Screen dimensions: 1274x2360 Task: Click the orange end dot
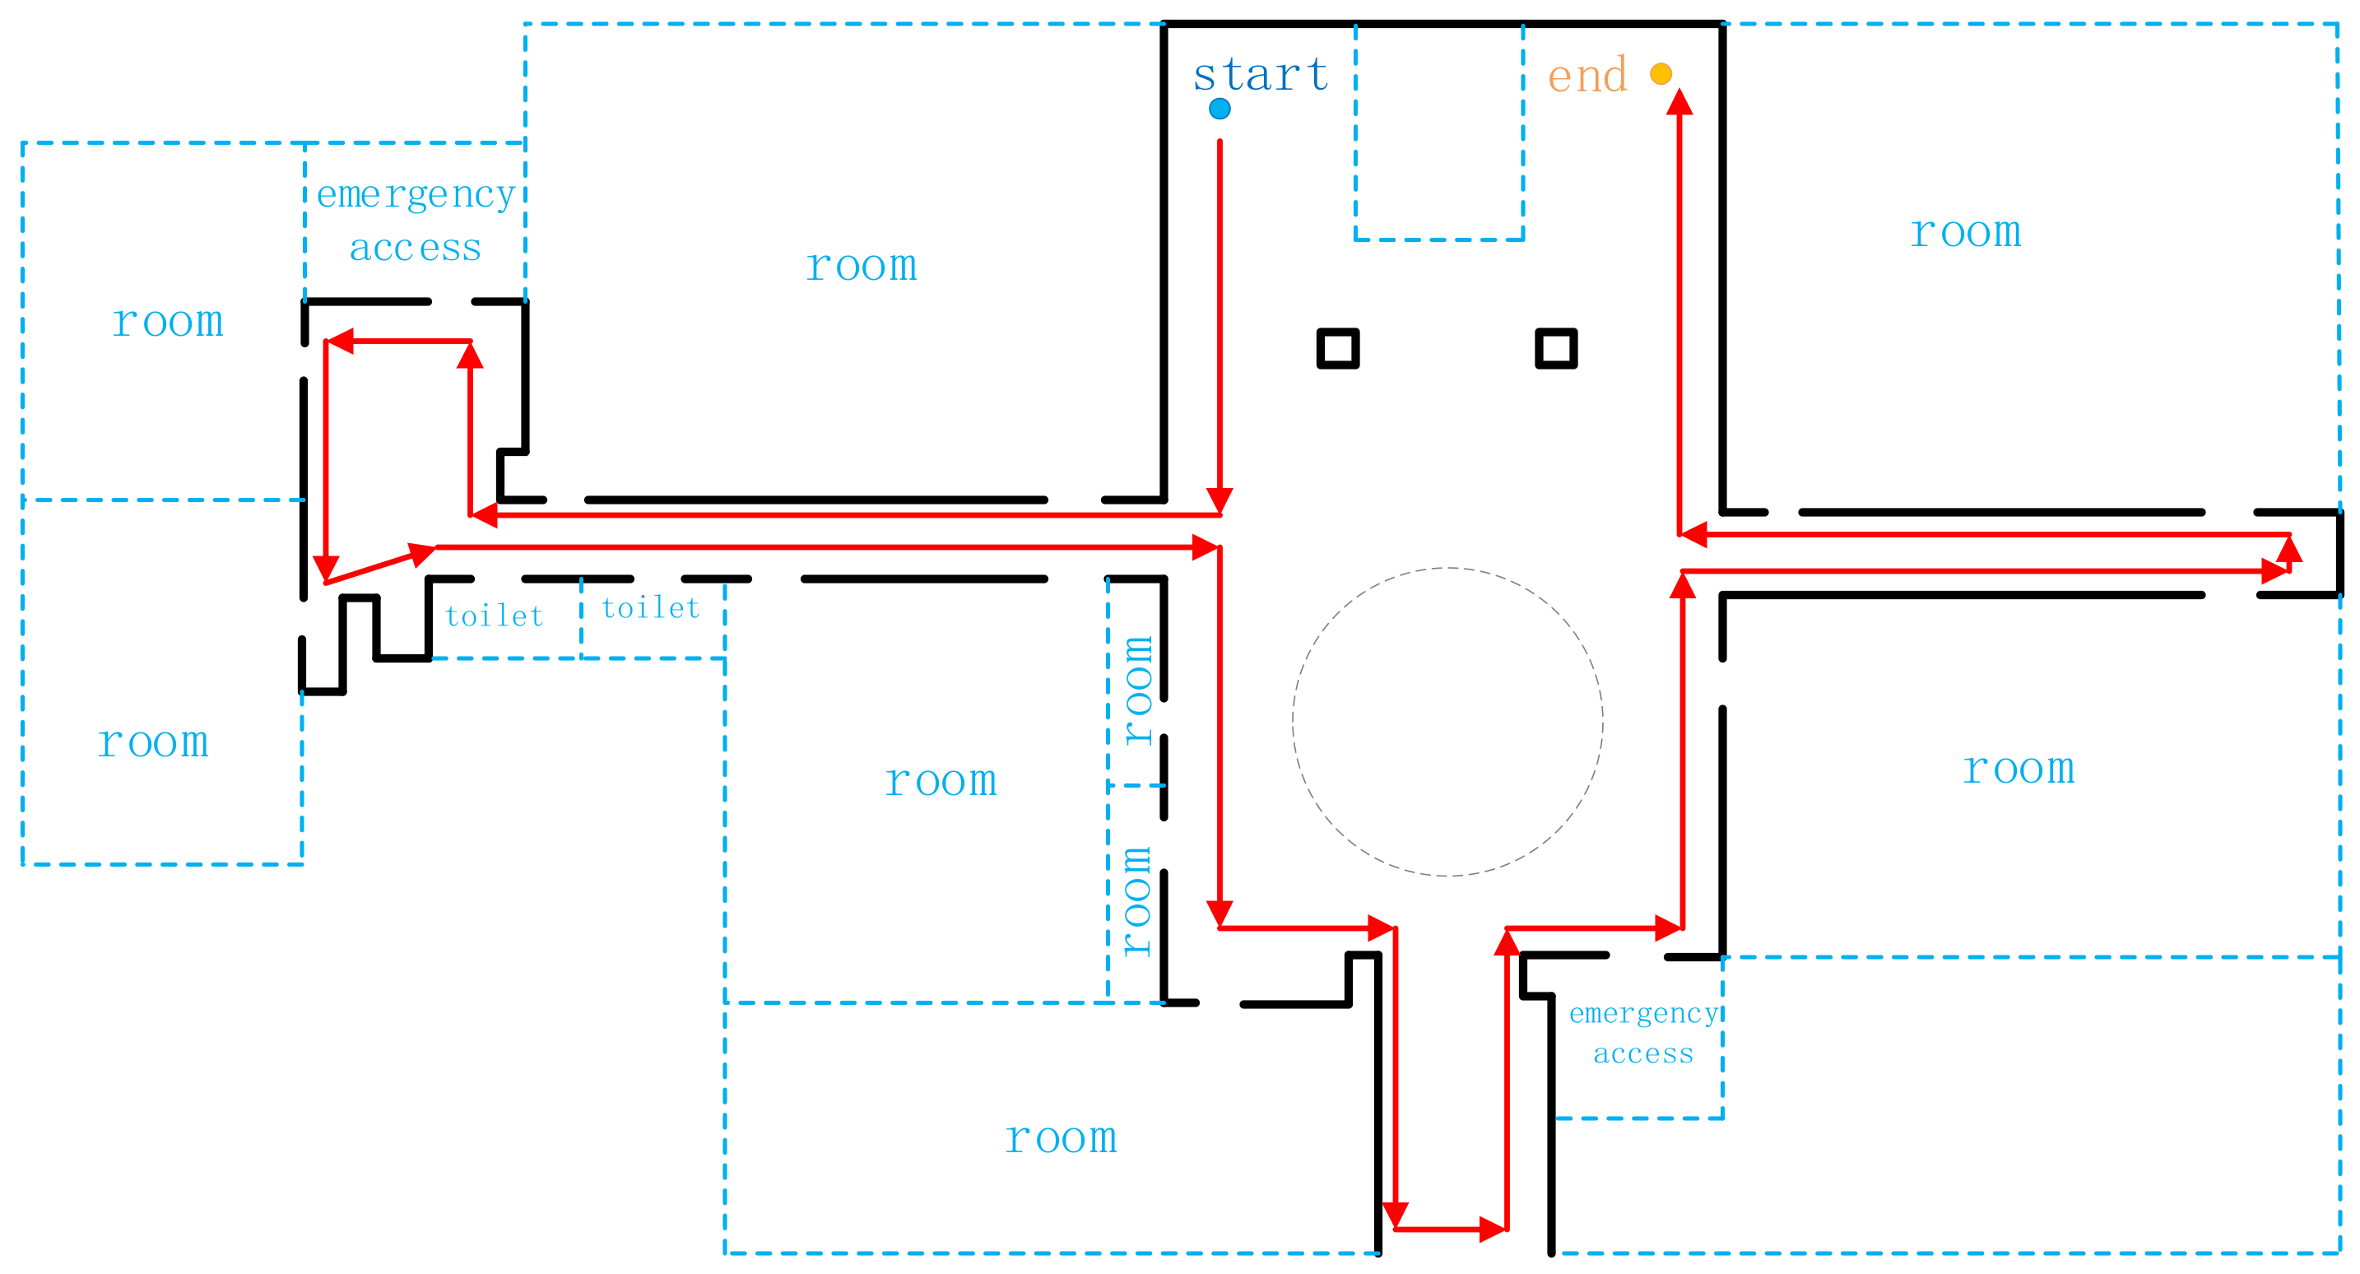1661,73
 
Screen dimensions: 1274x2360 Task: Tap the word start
1261,75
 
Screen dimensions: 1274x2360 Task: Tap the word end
1587,75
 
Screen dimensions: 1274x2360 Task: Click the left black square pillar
1337,348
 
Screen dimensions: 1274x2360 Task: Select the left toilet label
495,616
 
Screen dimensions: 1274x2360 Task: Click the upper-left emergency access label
416,221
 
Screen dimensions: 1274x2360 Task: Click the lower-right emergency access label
1643,1033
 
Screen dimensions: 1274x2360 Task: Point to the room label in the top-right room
1965,232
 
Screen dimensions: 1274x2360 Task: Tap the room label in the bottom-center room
1061,1138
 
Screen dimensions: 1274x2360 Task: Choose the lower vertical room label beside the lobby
1137,901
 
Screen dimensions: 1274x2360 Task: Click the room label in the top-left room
168,322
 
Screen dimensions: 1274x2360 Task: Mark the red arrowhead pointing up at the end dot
1679,101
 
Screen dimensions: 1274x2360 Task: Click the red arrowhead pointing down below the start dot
1219,500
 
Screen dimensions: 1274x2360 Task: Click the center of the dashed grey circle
1447,723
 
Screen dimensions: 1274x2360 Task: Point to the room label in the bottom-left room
153,742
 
